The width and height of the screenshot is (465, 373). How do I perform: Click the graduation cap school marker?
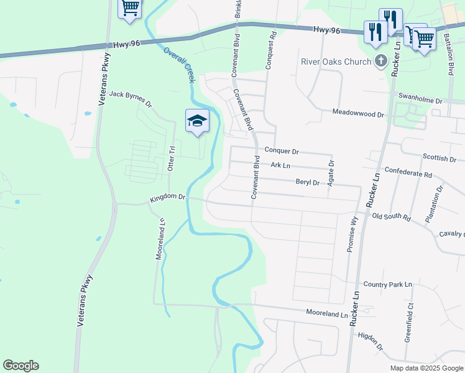tap(197, 121)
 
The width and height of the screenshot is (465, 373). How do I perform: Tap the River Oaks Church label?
tap(336, 62)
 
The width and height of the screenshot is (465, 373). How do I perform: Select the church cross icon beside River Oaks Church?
tap(380, 62)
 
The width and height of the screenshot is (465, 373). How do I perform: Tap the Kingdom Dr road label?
tap(167, 198)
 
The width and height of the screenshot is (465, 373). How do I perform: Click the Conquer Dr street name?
tap(282, 151)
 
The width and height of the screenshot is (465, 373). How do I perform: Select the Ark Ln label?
tap(280, 165)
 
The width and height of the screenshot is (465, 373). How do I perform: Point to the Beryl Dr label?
tap(307, 183)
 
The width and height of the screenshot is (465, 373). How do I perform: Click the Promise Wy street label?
tap(352, 234)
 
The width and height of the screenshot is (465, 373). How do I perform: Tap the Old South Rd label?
tap(391, 217)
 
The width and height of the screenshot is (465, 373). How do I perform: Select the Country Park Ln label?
tap(388, 284)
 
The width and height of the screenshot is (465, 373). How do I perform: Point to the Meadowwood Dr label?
tap(356, 113)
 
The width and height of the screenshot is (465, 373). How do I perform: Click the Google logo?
tap(21, 366)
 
